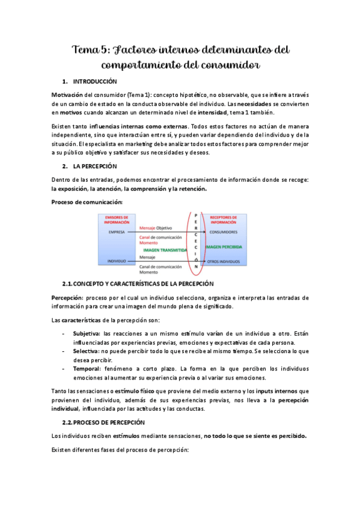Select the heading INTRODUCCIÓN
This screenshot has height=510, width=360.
pos(95,81)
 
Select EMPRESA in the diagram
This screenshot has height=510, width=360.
pos(117,232)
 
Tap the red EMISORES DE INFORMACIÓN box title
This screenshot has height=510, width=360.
pos(117,219)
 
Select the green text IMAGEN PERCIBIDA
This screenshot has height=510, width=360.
pos(224,247)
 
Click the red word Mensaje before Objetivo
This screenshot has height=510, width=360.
pos(147,229)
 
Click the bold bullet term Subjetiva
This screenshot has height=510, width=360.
pos(87,333)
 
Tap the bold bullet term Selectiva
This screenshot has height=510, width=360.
pos(86,350)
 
